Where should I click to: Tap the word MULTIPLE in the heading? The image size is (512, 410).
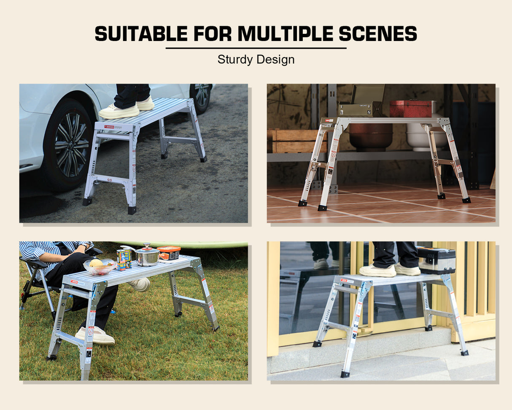286,34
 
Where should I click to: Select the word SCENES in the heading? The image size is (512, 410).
378,34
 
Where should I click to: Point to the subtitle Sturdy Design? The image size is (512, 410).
256,60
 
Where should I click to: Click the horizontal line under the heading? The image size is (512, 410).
256,48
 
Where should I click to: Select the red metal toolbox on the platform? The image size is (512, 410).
410,109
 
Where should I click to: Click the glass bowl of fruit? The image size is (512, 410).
100,266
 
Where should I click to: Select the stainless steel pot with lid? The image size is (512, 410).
147,257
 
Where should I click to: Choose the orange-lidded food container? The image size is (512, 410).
169,253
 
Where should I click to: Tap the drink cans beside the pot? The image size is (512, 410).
124,259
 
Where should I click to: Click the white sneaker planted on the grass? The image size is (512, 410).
95,336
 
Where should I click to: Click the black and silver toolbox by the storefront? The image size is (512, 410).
436,261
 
